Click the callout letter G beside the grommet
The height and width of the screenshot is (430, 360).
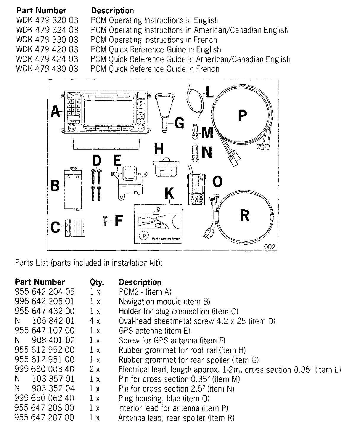pos(179,123)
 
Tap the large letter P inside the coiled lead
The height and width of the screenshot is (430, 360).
pos(242,115)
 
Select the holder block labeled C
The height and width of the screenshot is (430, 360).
pos(77,227)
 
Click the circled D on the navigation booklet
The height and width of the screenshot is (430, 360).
pos(144,235)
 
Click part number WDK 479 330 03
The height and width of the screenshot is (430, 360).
pos(47,40)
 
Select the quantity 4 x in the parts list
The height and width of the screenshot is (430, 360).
pos(95,321)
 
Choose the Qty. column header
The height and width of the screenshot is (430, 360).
pos(97,282)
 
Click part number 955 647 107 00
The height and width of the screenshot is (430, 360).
pos(45,330)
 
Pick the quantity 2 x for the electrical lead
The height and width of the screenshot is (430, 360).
pos(95,369)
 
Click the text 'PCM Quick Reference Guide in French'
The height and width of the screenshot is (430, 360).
pos(155,69)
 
